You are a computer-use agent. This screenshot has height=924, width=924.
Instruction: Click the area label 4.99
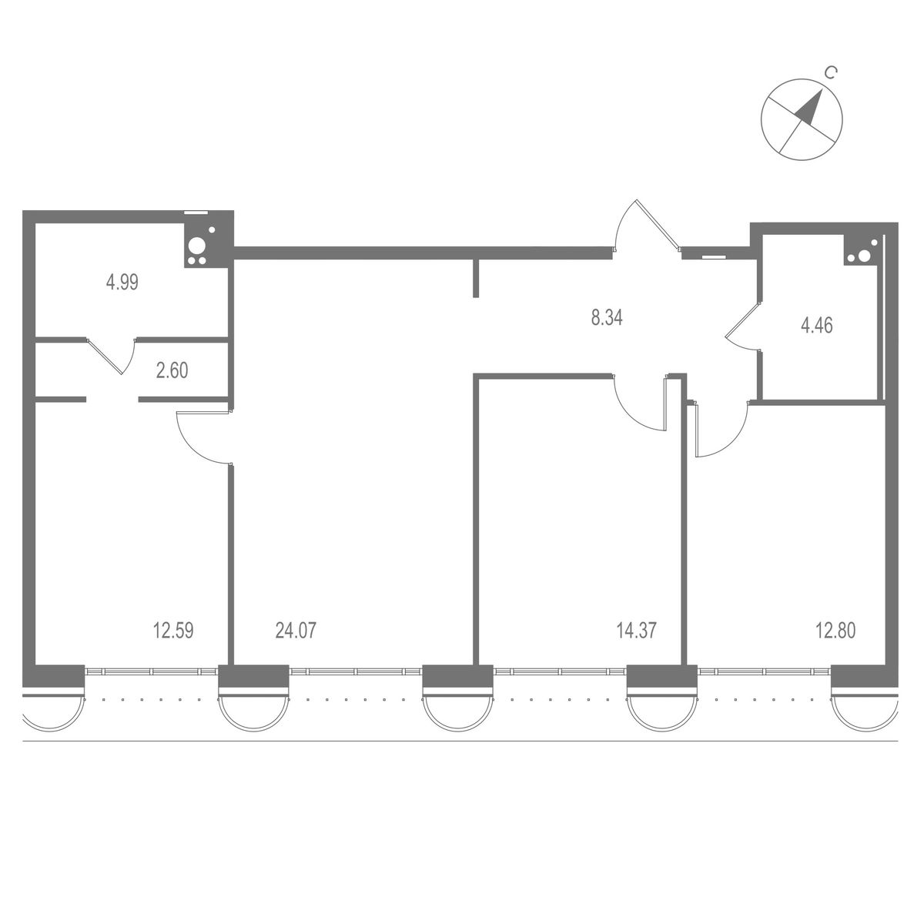[x=122, y=282]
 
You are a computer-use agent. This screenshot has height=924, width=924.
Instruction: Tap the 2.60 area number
[x=172, y=370]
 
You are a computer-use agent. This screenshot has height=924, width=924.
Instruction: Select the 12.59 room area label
[x=173, y=630]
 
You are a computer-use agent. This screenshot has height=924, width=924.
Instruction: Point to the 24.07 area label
[x=296, y=630]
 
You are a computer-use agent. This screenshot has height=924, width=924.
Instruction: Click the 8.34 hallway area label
[x=607, y=317]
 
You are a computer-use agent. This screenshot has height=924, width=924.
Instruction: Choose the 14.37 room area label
[x=636, y=630]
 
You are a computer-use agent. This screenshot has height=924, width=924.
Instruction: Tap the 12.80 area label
[x=835, y=630]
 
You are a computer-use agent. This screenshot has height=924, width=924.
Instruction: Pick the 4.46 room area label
[x=817, y=325]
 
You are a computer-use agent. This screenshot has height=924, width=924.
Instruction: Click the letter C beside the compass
[x=832, y=72]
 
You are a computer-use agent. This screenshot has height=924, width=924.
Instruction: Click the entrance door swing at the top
[x=648, y=226]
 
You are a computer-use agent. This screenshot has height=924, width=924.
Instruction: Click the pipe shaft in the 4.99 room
[x=198, y=246]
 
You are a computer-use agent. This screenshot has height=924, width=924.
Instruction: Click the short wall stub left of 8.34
[x=476, y=278]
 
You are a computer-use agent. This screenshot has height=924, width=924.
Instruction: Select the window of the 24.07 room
[x=355, y=671]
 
